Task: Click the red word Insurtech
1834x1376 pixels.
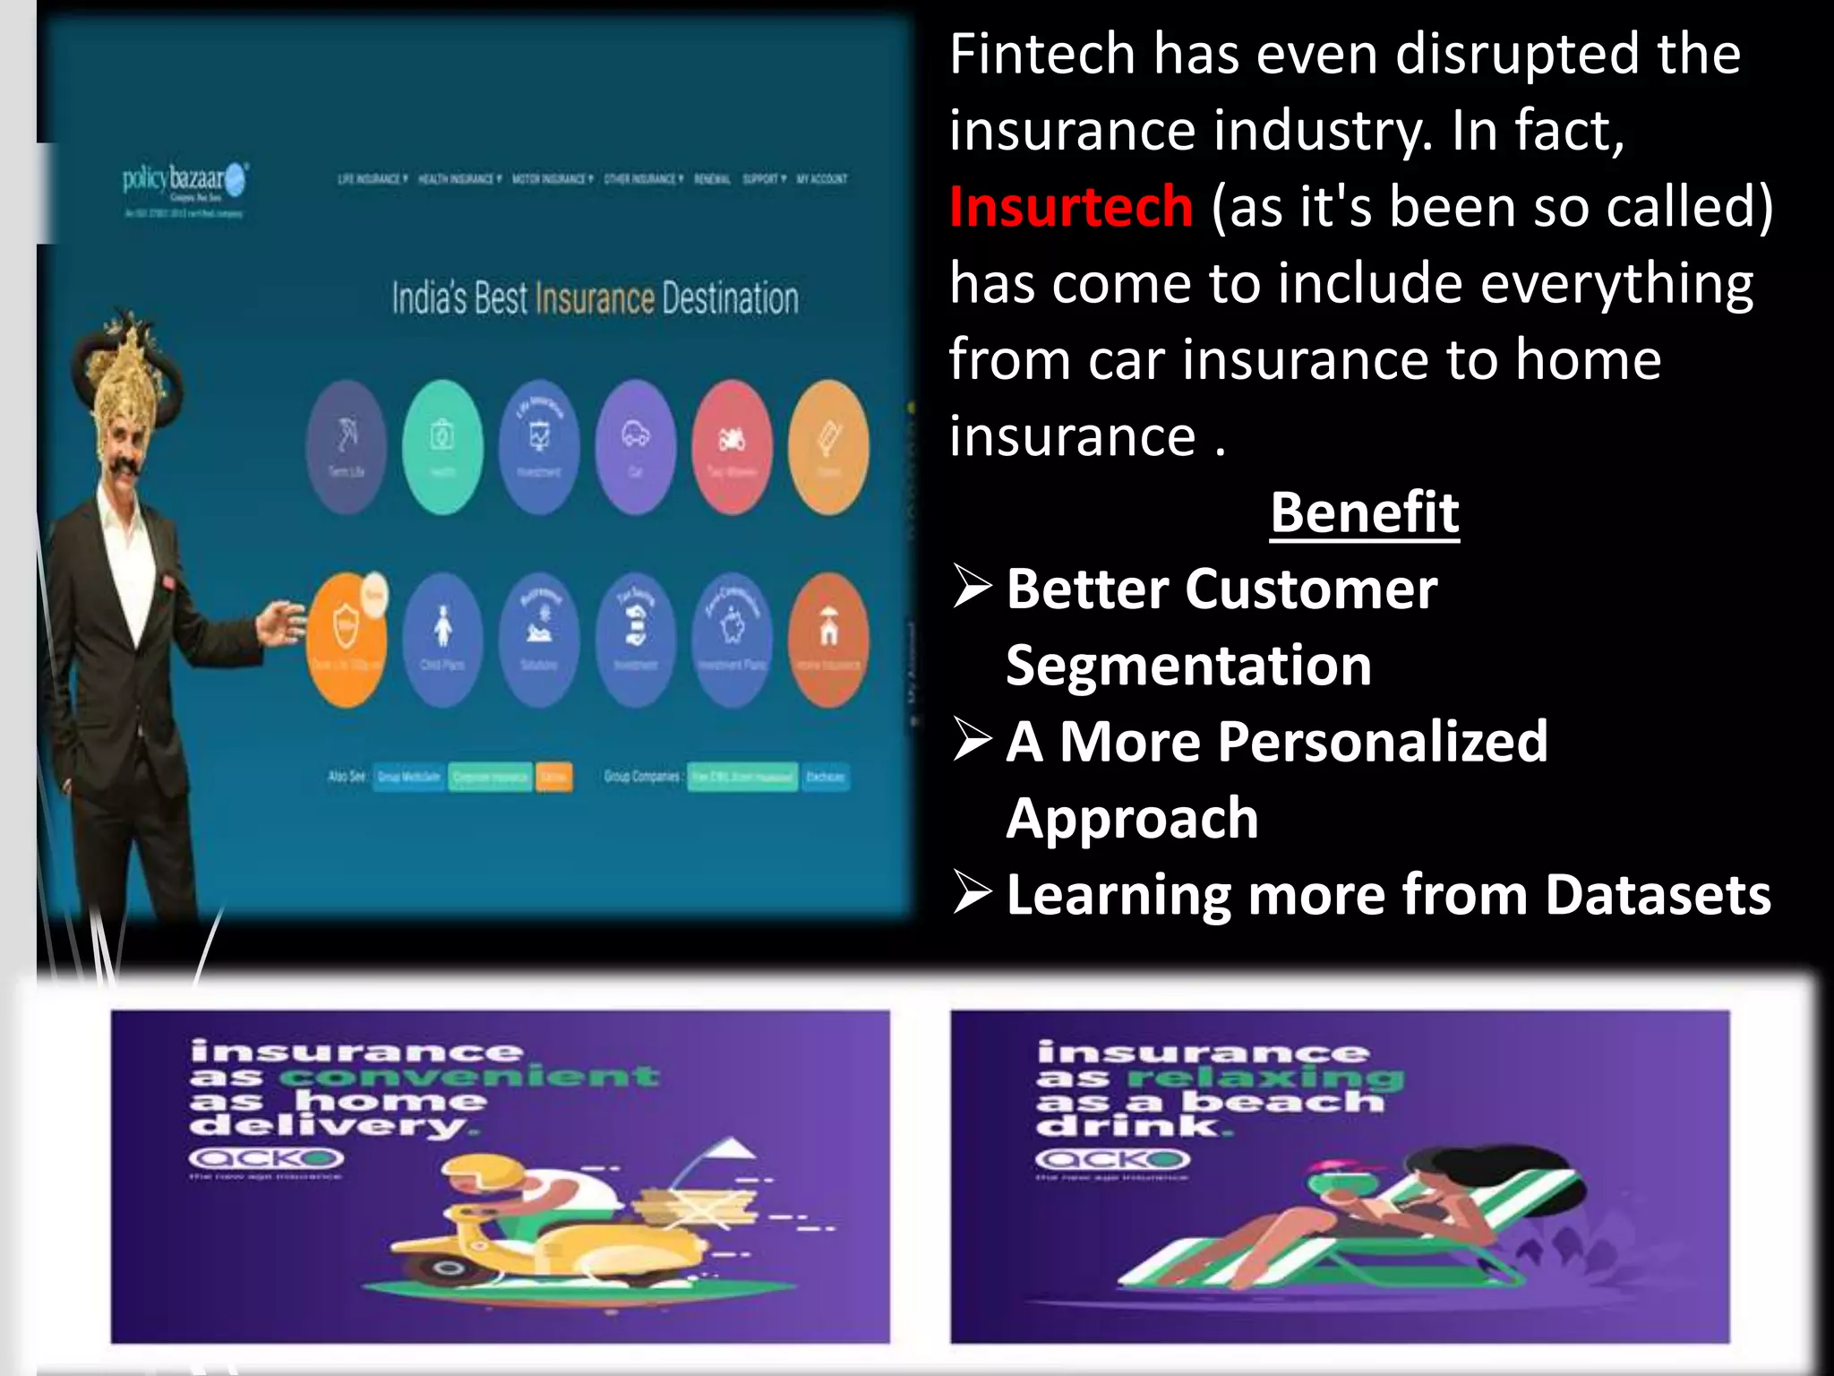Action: pyautogui.click(x=1070, y=207)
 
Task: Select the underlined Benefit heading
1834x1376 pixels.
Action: pyautogui.click(x=1364, y=513)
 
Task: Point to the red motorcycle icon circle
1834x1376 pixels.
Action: pyautogui.click(x=732, y=446)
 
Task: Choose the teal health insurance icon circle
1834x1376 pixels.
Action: pyautogui.click(x=442, y=446)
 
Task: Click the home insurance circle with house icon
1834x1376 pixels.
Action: pyautogui.click(x=828, y=639)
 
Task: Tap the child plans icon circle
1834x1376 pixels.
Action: pyautogui.click(x=442, y=639)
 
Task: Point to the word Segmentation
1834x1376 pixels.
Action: pyautogui.click(x=1188, y=666)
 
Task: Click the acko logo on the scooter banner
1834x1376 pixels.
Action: pyautogui.click(x=266, y=1159)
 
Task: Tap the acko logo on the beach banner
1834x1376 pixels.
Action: pyautogui.click(x=1112, y=1160)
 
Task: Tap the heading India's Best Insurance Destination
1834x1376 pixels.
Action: pyautogui.click(x=595, y=298)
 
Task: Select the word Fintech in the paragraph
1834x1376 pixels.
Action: pyautogui.click(x=1041, y=54)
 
